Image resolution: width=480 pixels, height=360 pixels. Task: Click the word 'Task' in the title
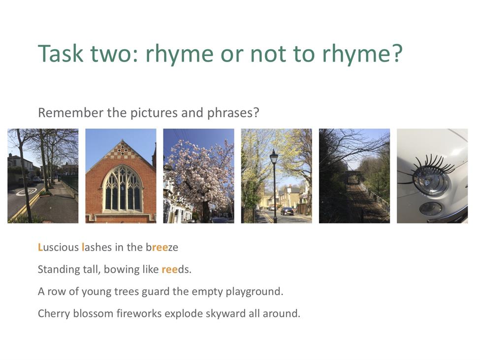tap(61, 53)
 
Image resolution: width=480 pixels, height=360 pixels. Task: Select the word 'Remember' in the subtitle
tap(71, 113)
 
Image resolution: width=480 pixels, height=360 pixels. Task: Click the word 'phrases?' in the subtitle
tap(233, 113)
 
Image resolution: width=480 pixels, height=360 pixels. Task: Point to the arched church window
tap(122, 189)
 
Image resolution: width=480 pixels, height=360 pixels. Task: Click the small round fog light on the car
tap(430, 208)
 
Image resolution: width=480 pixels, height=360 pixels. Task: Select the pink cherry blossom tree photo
tap(199, 176)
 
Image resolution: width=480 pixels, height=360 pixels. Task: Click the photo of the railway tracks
tap(354, 176)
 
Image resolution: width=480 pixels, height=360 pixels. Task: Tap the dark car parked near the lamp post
tap(287, 211)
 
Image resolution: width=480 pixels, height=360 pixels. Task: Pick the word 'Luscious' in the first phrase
tap(58, 247)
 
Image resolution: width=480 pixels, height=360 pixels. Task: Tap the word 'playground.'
tap(255, 292)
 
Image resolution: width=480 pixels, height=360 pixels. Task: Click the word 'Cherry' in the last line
tap(54, 314)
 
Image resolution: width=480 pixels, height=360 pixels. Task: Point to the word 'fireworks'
tap(139, 314)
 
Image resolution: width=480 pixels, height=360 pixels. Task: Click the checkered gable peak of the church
tap(122, 150)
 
